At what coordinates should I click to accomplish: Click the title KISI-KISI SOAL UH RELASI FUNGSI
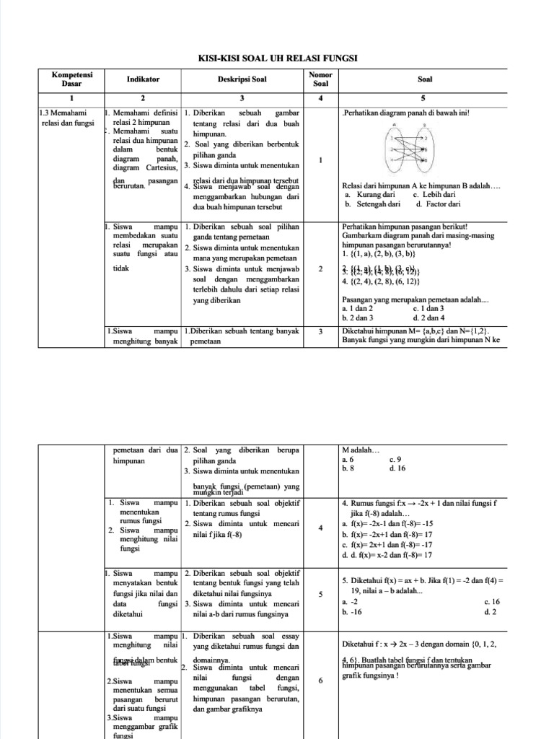278,58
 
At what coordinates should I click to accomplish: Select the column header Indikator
143,79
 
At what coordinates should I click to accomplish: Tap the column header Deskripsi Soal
242,79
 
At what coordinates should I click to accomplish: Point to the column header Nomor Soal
320,79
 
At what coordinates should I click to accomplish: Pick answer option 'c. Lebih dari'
434,194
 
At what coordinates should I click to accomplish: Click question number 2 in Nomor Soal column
320,269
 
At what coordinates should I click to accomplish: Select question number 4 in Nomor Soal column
320,528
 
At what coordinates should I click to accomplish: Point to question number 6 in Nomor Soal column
320,680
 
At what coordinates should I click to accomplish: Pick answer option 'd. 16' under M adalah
397,468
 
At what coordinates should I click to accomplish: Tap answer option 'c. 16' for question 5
492,601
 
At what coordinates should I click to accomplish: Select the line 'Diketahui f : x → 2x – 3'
418,644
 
